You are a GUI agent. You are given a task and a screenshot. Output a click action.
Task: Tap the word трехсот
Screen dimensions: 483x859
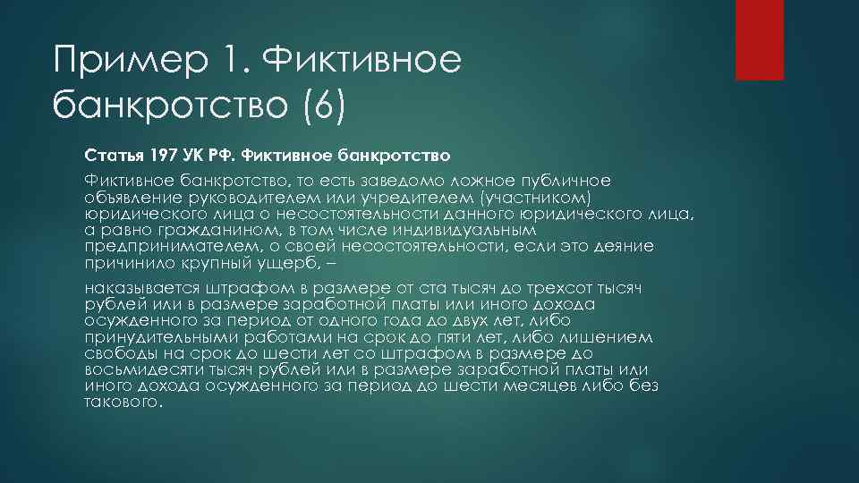(549, 288)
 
